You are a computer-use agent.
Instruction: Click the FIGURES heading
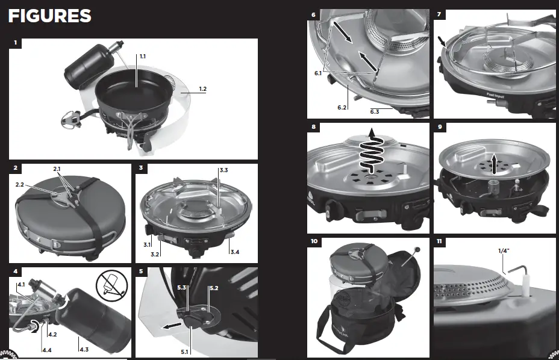[x=50, y=16]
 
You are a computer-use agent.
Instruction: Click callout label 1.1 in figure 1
[x=143, y=56]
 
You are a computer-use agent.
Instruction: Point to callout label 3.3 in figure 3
[x=223, y=171]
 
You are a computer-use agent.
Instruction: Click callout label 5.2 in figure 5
[x=213, y=288]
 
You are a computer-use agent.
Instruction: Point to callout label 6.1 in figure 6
[x=317, y=72]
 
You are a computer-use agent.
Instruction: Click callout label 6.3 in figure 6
[x=375, y=112]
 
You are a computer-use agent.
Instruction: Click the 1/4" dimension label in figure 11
[x=503, y=250]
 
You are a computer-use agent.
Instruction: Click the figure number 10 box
[x=314, y=241]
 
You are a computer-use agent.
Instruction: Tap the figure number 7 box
[x=439, y=13]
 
